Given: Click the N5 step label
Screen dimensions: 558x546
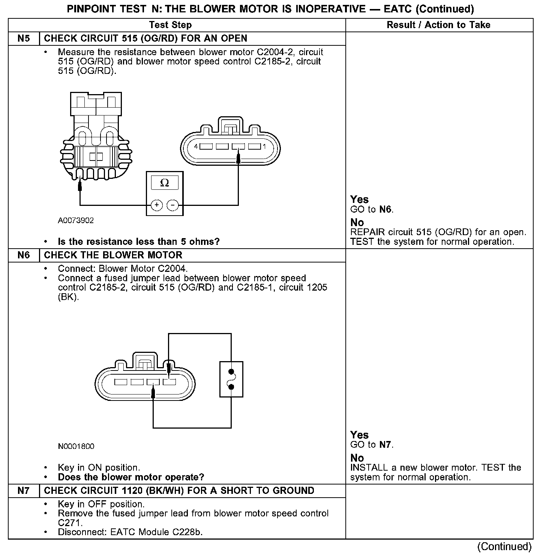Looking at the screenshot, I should coord(23,39).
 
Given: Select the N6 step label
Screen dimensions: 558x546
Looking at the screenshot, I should coord(23,255).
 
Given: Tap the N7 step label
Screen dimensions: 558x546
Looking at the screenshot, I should coord(23,491).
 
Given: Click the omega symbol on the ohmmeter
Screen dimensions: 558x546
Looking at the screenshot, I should coord(164,183).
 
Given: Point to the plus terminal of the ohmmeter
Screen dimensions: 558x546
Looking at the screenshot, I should coord(156,205).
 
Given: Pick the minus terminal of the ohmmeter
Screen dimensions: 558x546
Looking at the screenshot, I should coord(172,205).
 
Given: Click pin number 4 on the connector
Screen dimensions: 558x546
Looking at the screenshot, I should coord(196,147).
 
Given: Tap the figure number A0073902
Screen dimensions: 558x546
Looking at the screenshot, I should coord(76,220).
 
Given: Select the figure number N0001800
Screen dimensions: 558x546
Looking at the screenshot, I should coord(76,446).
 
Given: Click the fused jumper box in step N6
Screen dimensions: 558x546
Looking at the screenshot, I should coord(231,379).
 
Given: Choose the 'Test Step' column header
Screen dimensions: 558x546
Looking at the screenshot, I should coord(170,25).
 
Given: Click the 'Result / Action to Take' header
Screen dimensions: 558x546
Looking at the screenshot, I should coord(438,25).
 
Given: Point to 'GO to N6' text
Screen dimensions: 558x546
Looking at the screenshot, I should coord(372,209).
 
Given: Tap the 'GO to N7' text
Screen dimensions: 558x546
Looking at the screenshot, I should coord(372,445).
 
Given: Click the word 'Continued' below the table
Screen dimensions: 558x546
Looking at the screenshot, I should coord(504,546).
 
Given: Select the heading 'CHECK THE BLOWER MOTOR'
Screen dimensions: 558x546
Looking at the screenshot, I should coord(113,255).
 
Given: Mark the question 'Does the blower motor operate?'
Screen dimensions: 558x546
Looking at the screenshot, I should coord(131,477).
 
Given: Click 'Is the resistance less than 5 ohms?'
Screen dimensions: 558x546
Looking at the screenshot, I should coord(139,241).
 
